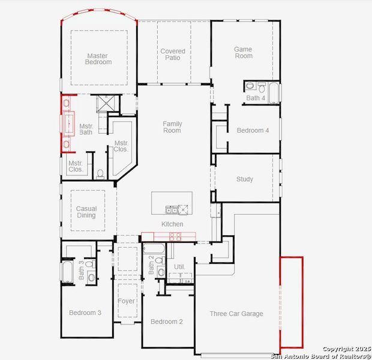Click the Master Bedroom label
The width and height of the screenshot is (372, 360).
point(97,59)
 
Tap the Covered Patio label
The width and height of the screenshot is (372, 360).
point(173,55)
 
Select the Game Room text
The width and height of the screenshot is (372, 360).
point(244,53)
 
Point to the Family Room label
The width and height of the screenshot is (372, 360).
point(172,127)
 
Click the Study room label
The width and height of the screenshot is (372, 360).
point(245,179)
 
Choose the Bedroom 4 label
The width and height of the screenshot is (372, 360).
point(253,131)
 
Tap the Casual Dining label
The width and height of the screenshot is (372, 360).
point(86,212)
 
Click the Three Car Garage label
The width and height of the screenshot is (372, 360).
point(236,314)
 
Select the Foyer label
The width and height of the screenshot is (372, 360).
point(126,301)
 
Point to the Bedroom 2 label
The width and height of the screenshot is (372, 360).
point(167,322)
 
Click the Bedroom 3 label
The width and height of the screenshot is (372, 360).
point(85,313)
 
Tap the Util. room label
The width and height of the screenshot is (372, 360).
point(179,266)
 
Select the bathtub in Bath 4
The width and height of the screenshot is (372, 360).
point(274,93)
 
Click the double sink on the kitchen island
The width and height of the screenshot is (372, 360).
point(172,209)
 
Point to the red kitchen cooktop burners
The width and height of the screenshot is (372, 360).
point(176,235)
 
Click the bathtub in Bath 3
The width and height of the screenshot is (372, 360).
point(67,271)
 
